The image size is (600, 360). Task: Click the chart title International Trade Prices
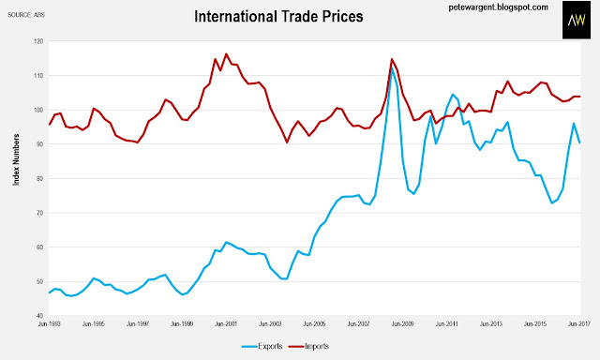[x=278, y=17]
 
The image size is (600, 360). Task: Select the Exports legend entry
[x=262, y=347]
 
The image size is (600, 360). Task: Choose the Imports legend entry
[x=308, y=347]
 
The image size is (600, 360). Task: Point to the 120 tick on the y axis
[x=39, y=41]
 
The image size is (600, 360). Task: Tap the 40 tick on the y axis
[x=40, y=316]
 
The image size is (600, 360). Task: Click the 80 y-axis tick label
[x=40, y=178]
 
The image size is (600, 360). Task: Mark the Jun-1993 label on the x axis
[x=50, y=324]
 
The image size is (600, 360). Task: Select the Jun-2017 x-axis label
[x=579, y=324]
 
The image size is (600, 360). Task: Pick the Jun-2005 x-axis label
[x=314, y=324]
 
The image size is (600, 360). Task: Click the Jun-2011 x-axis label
[x=446, y=324]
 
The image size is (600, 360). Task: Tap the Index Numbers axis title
[x=16, y=160]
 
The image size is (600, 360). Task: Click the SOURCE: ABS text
[x=26, y=15]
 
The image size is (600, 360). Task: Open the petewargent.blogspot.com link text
[x=498, y=7]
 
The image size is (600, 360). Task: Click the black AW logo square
[x=577, y=20]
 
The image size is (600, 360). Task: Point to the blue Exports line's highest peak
[x=392, y=68]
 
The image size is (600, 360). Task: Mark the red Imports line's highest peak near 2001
[x=226, y=54]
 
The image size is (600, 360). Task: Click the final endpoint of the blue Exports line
[x=579, y=142]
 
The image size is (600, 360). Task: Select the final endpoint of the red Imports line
[x=579, y=97]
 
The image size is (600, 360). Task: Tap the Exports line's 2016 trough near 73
[x=552, y=202]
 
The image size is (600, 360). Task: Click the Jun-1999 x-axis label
[x=182, y=324]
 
